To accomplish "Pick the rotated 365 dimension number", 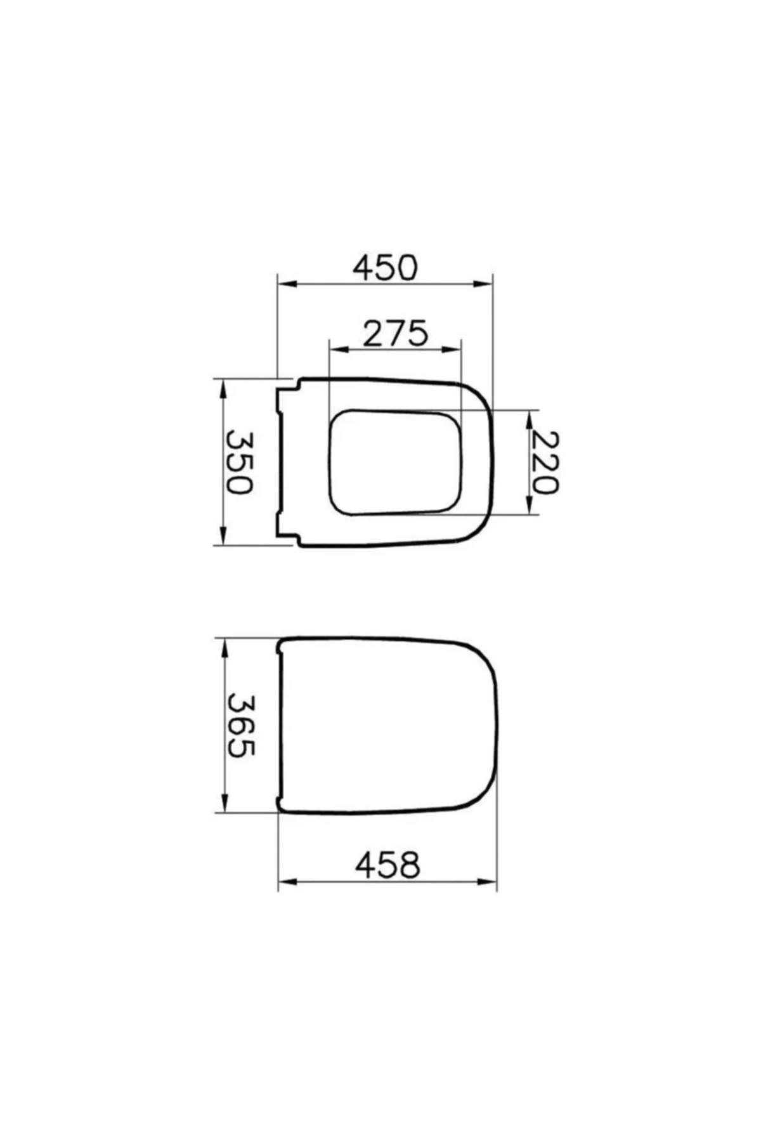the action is click(x=240, y=725).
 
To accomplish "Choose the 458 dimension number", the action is click(x=387, y=865).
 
